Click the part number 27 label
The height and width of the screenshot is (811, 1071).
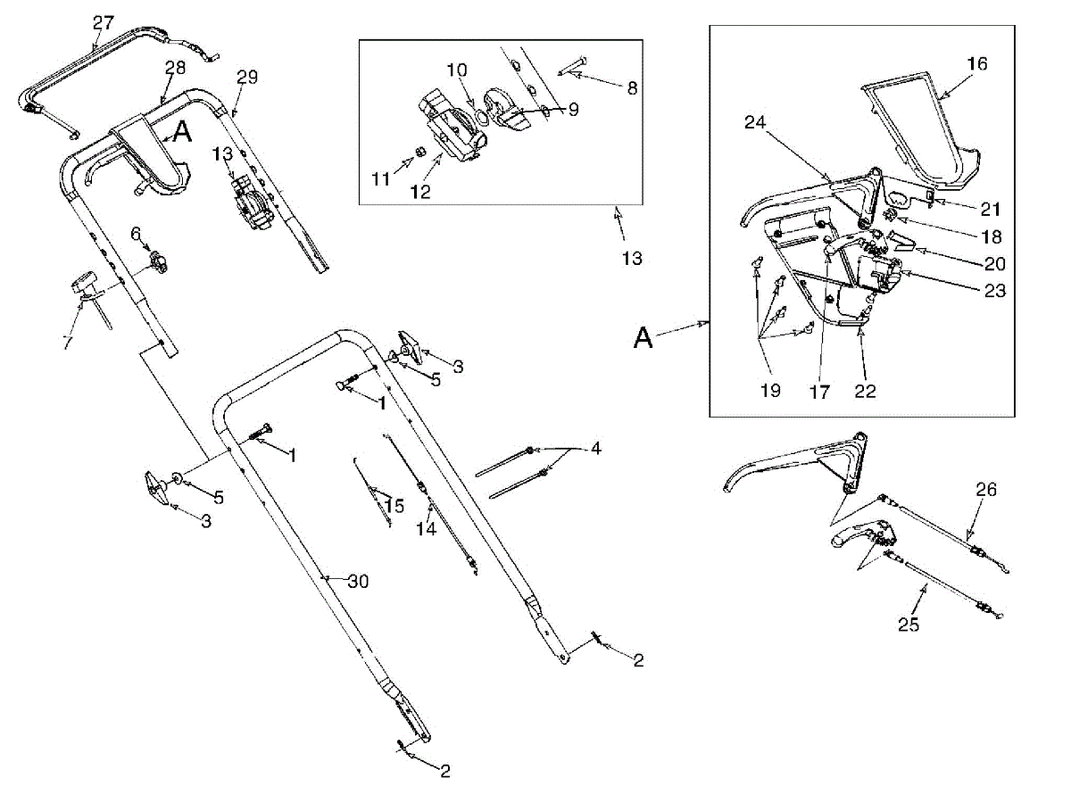pos(104,22)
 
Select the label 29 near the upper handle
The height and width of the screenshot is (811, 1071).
pos(246,78)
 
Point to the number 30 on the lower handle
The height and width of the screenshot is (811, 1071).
pos(358,582)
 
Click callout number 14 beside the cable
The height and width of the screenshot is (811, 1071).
pos(426,529)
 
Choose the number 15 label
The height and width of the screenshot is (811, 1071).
pos(394,506)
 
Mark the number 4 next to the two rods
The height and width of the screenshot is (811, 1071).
pos(595,450)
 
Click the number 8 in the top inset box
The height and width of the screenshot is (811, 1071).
pos(632,88)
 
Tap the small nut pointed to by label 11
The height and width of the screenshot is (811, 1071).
pos(414,160)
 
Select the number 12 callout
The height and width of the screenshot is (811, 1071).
pos(420,192)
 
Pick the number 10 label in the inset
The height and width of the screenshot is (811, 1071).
pos(456,70)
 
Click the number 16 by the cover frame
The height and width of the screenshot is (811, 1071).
pos(977,64)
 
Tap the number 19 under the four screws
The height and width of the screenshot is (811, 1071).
pos(770,391)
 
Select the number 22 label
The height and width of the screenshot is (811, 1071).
pos(865,391)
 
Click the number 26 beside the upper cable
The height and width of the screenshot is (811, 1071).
pos(986,490)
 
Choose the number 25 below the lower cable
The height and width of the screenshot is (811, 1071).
pos(909,625)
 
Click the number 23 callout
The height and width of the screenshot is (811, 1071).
pos(995,291)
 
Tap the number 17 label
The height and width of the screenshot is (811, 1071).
pos(819,391)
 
